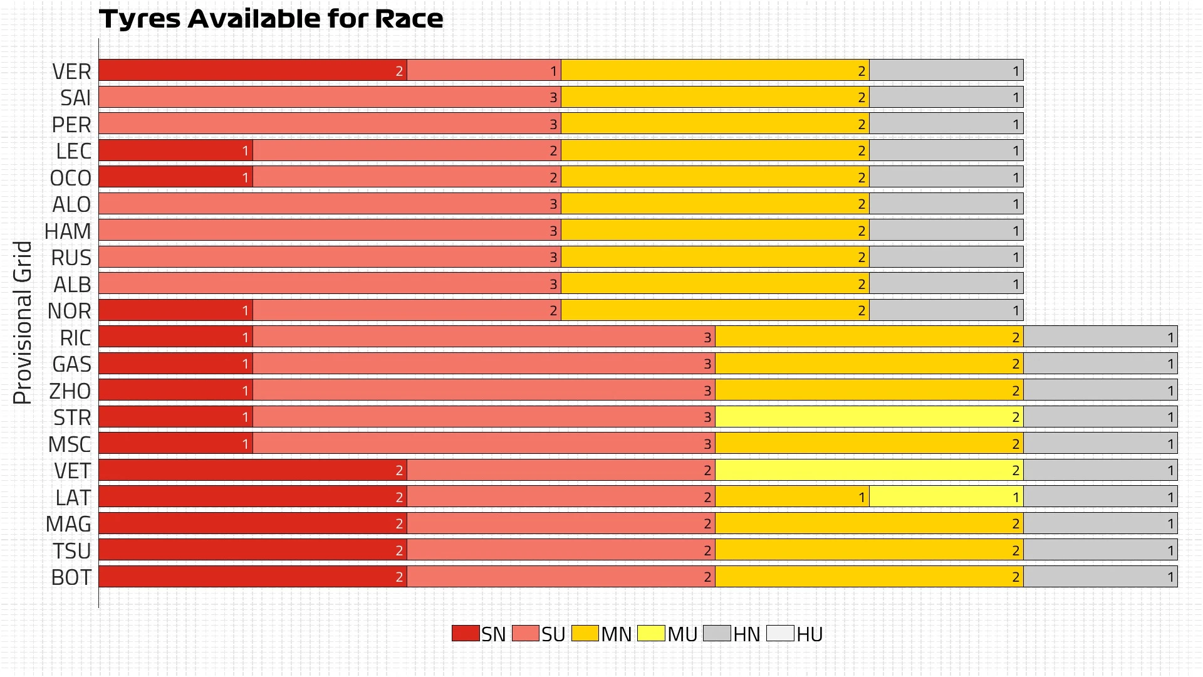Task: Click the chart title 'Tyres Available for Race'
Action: pyautogui.click(x=271, y=19)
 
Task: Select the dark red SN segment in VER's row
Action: pyautogui.click(x=253, y=70)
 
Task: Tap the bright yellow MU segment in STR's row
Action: pyautogui.click(x=869, y=417)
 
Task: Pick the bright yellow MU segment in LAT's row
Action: pyautogui.click(x=946, y=497)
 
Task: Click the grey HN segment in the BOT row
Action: pyautogui.click(x=1100, y=577)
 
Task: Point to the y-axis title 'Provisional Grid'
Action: pyautogui.click(x=23, y=322)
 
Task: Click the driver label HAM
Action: pyautogui.click(x=68, y=231)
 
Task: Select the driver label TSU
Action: pyautogui.click(x=72, y=551)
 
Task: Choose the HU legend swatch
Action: pyautogui.click(x=780, y=633)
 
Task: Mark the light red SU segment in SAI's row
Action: pyautogui.click(x=330, y=97)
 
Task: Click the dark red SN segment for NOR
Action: pyautogui.click(x=175, y=310)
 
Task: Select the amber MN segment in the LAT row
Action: pyautogui.click(x=792, y=497)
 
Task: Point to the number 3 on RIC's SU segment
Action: pyautogui.click(x=707, y=338)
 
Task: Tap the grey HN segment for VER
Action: pyautogui.click(x=946, y=70)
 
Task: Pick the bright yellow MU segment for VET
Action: pyautogui.click(x=869, y=470)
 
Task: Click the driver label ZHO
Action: pyautogui.click(x=70, y=391)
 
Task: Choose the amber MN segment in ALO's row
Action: pyautogui.click(x=715, y=204)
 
